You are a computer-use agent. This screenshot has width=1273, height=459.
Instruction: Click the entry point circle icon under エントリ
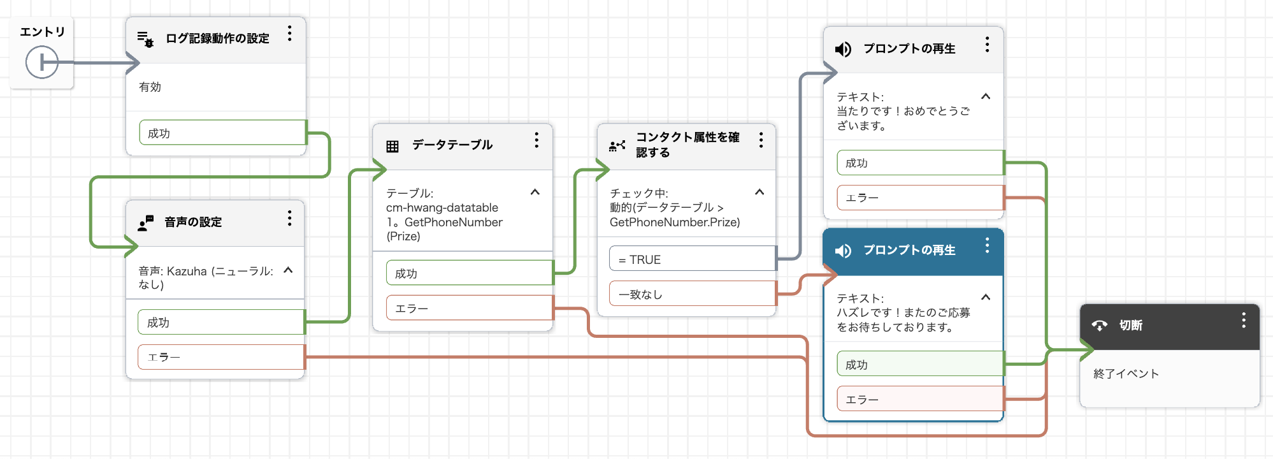(x=41, y=62)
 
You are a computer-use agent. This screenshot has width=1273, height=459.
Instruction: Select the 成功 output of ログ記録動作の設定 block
(x=222, y=133)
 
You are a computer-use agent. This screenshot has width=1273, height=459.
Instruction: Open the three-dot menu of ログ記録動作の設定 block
(x=289, y=34)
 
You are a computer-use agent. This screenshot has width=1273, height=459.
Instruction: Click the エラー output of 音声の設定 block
(x=220, y=357)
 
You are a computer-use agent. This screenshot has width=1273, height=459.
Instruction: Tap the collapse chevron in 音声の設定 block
(x=288, y=270)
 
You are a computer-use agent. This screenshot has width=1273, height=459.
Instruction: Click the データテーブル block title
(x=452, y=145)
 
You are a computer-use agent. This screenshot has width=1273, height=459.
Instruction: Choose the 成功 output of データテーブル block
(x=469, y=273)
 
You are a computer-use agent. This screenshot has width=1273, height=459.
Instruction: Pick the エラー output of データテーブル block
(x=469, y=308)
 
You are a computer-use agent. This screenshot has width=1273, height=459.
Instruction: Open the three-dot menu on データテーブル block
(x=536, y=140)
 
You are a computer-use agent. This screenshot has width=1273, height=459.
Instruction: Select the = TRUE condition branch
(x=692, y=259)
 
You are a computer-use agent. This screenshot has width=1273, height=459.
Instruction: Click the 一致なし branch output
(x=692, y=294)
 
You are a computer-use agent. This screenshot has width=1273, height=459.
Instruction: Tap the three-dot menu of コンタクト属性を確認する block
(x=761, y=140)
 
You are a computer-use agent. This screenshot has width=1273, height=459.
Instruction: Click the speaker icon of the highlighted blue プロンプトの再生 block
(x=843, y=251)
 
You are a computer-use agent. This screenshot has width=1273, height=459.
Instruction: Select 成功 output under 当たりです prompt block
(x=920, y=163)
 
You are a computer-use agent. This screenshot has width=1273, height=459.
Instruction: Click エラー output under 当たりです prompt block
(x=920, y=198)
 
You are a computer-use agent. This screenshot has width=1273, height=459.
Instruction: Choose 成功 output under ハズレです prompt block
(x=920, y=365)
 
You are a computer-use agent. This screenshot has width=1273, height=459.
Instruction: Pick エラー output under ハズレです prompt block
(x=920, y=399)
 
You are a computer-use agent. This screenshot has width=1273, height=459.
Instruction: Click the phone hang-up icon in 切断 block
(x=1100, y=326)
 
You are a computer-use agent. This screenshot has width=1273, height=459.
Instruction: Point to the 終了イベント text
(x=1126, y=374)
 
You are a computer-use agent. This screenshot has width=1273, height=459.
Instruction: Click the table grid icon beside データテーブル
(x=392, y=146)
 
